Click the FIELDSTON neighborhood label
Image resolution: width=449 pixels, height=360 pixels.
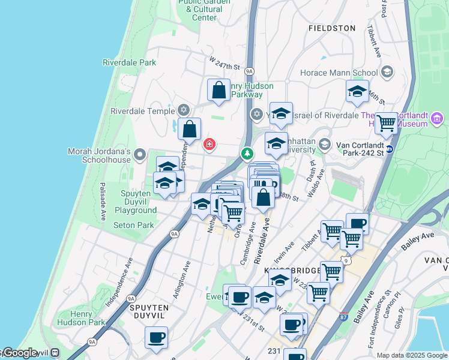332,28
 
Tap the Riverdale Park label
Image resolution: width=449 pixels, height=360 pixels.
129,62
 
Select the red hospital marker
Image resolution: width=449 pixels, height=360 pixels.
209,144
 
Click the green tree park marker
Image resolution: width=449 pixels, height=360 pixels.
247,154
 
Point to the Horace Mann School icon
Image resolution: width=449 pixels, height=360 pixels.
387,73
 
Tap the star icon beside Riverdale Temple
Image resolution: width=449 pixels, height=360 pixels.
184,110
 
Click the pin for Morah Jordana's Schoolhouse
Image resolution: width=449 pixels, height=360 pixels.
140,155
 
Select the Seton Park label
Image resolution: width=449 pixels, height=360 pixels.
134,226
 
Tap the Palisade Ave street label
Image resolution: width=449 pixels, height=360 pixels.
103,200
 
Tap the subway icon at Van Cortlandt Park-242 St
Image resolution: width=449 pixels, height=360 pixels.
390,149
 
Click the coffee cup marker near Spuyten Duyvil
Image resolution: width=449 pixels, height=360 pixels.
156,337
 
